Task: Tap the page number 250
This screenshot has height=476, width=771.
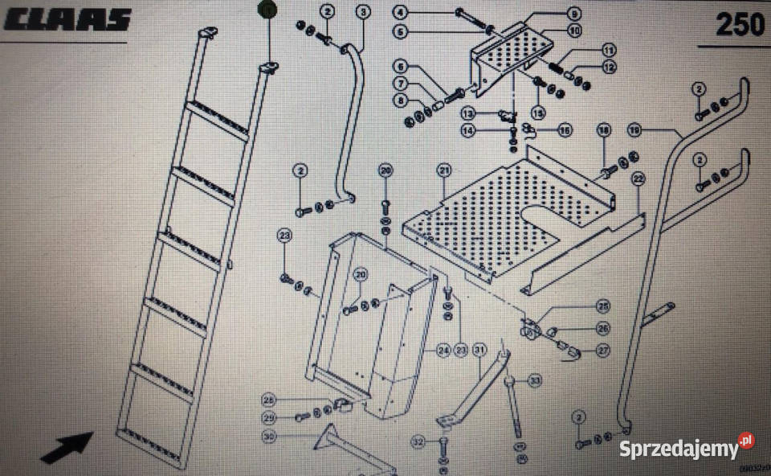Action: tap(740, 25)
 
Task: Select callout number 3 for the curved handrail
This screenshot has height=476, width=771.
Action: tap(363, 11)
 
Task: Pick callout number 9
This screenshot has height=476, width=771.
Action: tap(574, 14)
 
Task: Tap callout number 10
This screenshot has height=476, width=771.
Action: tap(574, 31)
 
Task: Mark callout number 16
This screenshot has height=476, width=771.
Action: tap(565, 129)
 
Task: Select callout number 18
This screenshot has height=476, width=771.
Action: tap(604, 129)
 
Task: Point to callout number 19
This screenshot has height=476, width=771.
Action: tap(635, 130)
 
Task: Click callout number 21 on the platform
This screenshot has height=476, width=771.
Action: tap(443, 170)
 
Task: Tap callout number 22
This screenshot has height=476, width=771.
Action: tap(638, 178)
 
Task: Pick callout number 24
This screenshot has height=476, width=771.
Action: tap(443, 351)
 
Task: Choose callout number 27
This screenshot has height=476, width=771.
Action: tap(603, 350)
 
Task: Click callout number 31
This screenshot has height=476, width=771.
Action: tap(479, 350)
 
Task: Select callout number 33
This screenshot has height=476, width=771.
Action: tap(534, 380)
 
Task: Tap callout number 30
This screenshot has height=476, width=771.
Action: tap(269, 437)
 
